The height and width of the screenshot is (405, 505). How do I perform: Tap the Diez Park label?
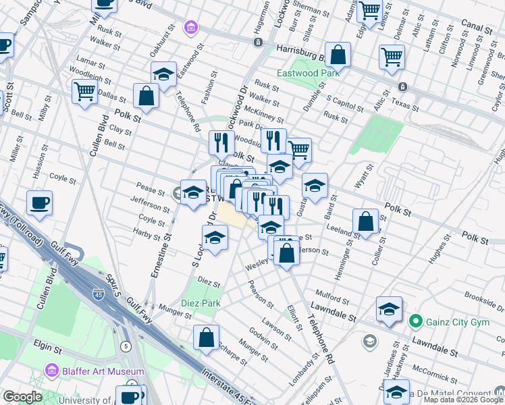point(201,303)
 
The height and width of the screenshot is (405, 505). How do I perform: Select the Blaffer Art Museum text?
point(101,371)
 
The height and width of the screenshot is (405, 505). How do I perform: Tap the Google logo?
point(22,397)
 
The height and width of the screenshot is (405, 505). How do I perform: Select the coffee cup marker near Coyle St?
point(40,202)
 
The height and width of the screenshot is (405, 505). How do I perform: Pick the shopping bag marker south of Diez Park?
point(206,337)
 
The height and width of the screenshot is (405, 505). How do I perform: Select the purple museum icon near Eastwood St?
point(191,28)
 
